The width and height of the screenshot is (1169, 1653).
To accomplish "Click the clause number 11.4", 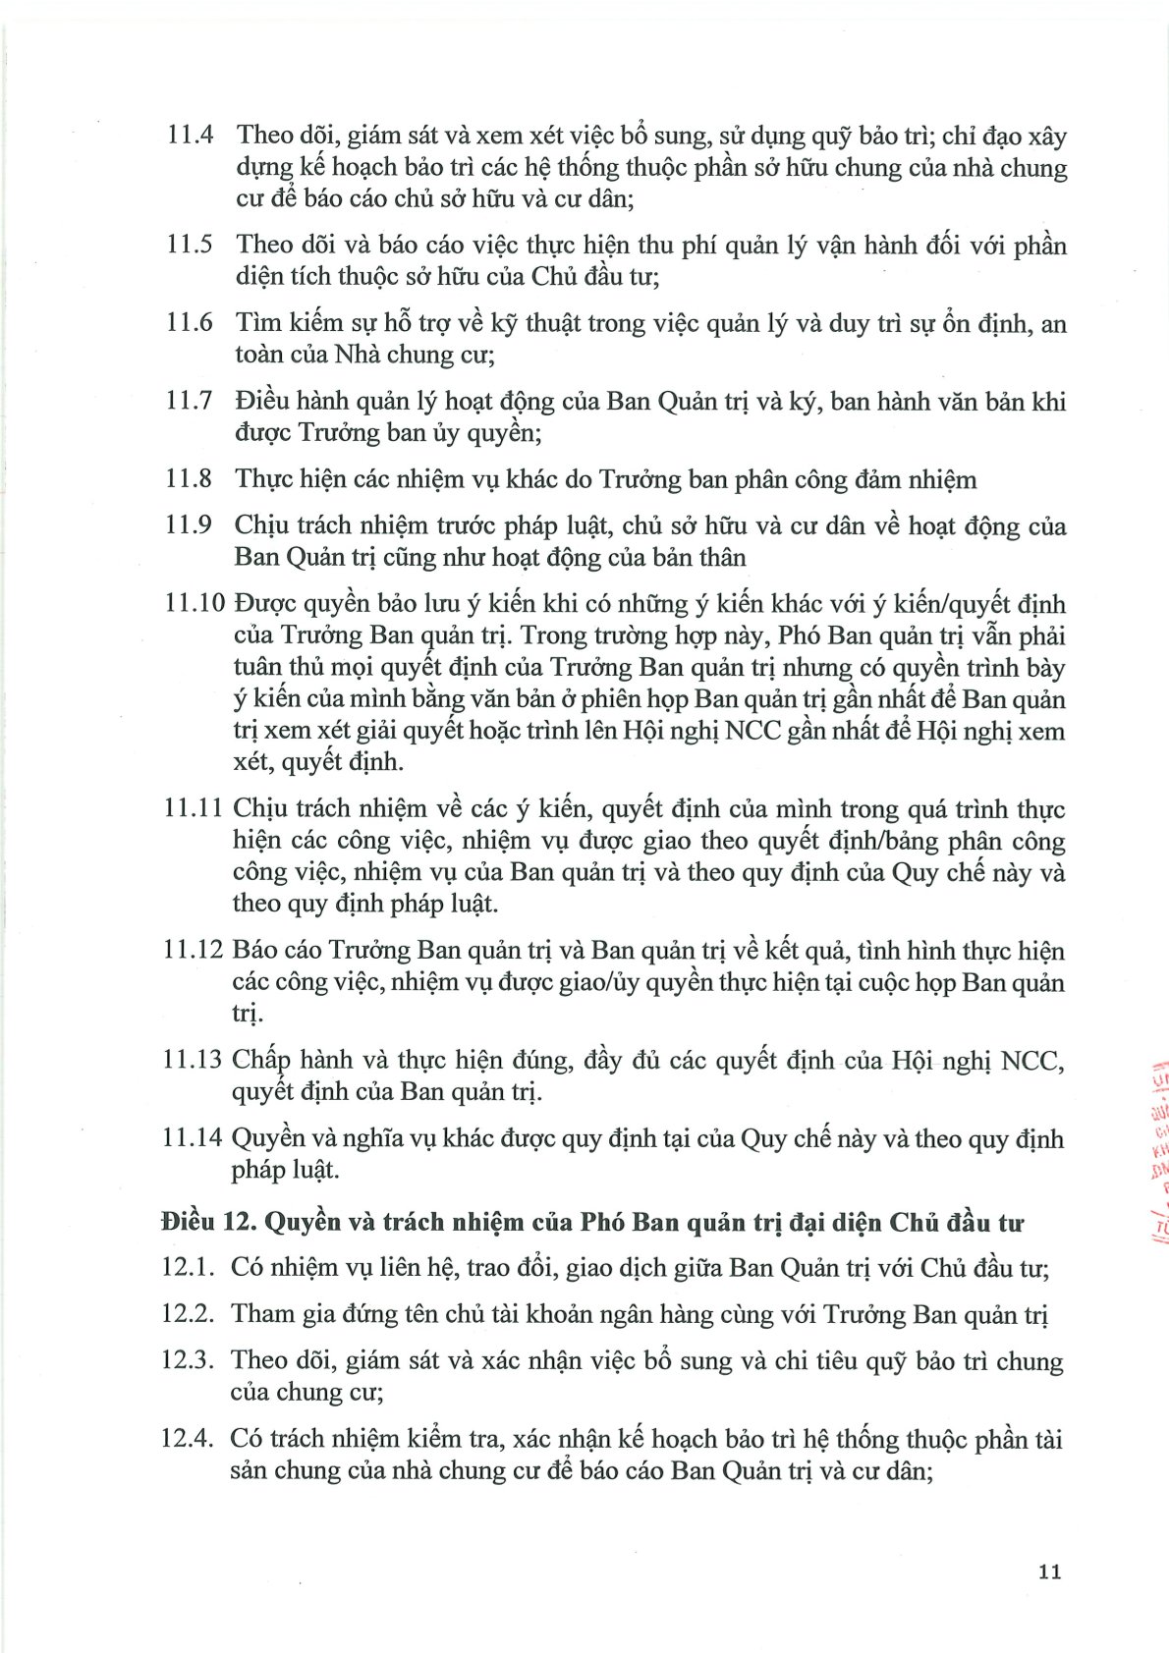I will (190, 135).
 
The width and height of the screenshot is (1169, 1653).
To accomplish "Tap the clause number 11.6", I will (190, 322).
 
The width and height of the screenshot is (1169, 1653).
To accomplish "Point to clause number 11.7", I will (190, 401).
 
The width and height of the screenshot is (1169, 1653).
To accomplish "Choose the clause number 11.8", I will (190, 478).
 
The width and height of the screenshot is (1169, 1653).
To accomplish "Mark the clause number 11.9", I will (190, 525).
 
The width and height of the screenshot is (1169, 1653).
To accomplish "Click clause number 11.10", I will (195, 603).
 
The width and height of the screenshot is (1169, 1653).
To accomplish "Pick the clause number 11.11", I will (194, 808).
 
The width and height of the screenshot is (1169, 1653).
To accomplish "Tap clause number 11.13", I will (193, 1060).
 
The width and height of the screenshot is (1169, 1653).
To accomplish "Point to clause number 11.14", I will (193, 1138).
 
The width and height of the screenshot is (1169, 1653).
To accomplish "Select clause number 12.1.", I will (188, 1267).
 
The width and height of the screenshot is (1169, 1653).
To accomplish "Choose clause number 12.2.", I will (188, 1314).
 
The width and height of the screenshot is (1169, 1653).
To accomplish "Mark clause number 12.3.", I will (188, 1360).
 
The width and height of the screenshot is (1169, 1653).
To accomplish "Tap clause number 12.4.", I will (188, 1439).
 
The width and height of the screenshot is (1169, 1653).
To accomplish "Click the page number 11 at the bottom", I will (1049, 1571).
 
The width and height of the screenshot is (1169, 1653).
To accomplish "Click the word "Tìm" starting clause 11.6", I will (257, 322).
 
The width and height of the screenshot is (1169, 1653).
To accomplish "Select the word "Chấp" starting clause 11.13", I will (262, 1061).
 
